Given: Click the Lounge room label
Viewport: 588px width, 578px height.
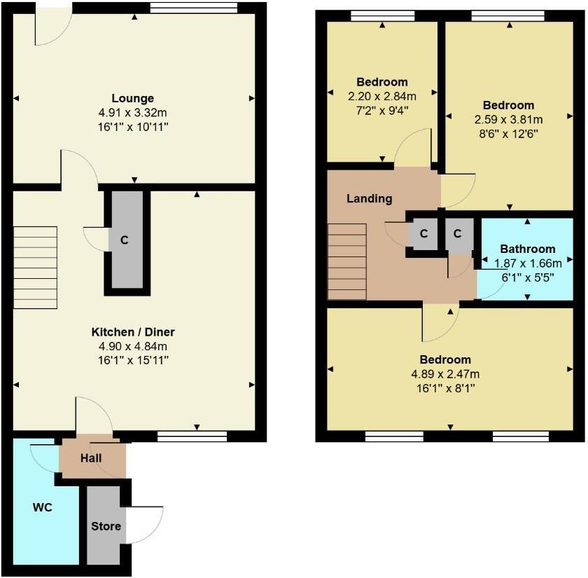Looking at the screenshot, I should point(132,98).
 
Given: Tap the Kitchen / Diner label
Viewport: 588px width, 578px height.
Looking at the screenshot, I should point(132,331).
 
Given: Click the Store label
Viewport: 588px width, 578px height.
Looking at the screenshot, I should point(106,526).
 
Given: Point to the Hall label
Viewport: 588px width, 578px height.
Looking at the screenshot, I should point(90,458).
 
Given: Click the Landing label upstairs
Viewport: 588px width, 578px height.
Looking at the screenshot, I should point(369,198).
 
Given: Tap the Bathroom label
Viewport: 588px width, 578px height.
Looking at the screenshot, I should point(527,249).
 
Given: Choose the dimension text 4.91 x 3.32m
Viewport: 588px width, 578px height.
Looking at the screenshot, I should point(132,112).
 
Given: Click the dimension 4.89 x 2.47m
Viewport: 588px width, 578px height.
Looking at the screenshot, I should point(451,373).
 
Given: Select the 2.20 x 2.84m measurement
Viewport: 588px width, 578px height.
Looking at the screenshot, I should point(382,96).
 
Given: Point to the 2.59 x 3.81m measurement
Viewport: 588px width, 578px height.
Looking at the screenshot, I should point(508,119).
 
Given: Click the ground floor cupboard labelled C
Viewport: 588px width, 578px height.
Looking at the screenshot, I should point(125,240).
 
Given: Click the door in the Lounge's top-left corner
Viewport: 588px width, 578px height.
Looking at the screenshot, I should point(52,26).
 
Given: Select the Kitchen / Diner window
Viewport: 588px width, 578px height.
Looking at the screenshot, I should point(192,436).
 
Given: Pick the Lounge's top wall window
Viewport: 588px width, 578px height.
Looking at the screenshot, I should point(193,8).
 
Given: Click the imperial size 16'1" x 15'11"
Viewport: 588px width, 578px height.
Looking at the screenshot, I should point(132,360).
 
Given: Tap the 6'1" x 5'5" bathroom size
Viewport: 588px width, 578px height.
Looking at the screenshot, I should point(527,277).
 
